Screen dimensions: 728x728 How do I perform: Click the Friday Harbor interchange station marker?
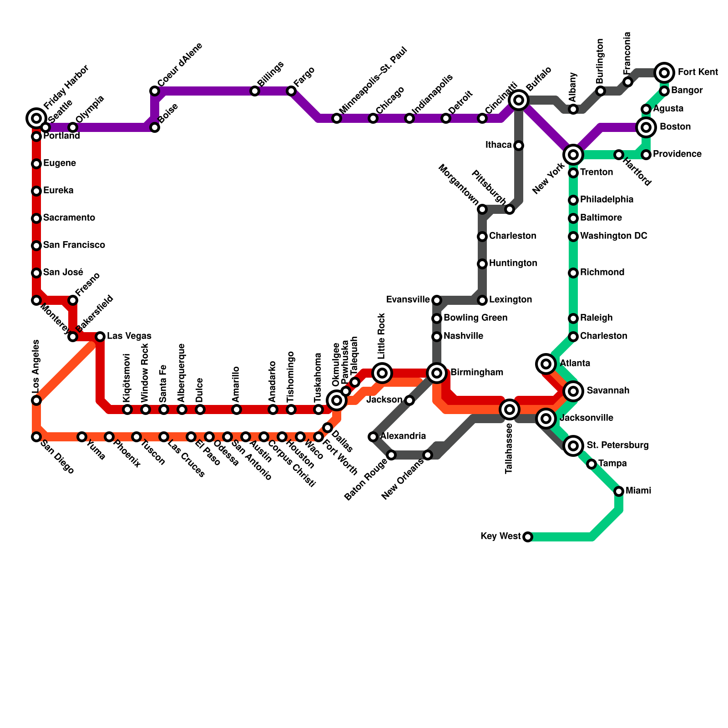point(36,118)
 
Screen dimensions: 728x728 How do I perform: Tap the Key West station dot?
point(528,537)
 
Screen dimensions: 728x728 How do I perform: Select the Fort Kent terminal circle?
point(664,72)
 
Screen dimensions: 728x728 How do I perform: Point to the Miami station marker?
point(619,491)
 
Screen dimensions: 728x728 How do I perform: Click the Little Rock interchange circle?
point(382,373)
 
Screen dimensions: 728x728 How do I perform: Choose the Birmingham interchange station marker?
point(437,373)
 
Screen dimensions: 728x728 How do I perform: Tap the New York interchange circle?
point(573,155)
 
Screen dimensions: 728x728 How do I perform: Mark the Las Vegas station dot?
point(100,337)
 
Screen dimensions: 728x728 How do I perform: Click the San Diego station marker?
point(36,437)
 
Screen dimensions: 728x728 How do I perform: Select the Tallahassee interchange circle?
point(510,409)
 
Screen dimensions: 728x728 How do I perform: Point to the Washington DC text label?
point(613,236)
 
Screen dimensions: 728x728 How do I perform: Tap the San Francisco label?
point(74,245)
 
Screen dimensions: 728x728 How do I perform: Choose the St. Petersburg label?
point(617,445)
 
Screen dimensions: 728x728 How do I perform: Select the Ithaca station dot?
point(519,146)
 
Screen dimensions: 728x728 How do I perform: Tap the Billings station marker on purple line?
point(255,91)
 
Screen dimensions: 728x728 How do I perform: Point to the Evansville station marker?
point(437,300)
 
